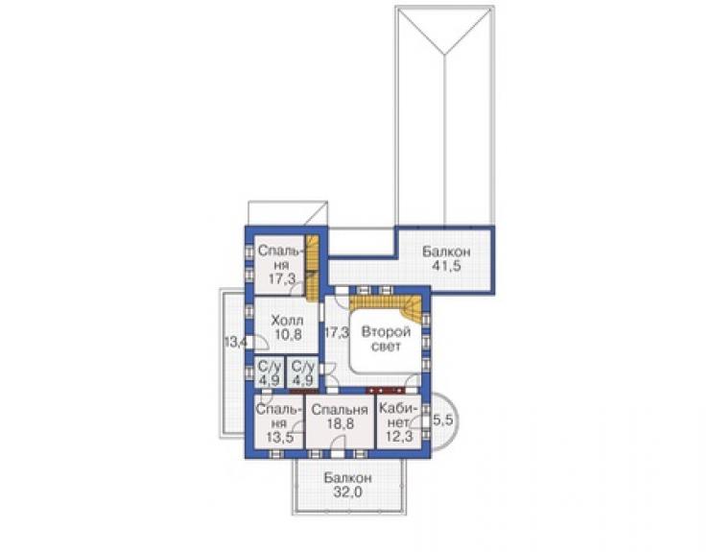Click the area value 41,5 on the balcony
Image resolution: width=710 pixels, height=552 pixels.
tap(446, 266)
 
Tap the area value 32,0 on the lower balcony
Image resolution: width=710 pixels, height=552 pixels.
tap(347, 492)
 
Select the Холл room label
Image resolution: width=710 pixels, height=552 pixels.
tap(287, 321)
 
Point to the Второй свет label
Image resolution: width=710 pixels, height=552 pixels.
tap(386, 339)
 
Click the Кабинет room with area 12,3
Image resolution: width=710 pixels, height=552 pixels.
tap(399, 422)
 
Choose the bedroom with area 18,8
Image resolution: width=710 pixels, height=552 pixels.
tap(340, 422)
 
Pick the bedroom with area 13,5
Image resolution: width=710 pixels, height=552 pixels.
tap(278, 422)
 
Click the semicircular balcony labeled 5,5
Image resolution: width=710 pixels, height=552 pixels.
tap(442, 420)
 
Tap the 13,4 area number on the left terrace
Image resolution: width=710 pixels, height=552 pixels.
tap(235, 342)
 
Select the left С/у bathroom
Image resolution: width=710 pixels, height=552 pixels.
tap(269, 372)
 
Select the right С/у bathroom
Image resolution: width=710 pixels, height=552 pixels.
tap(302, 372)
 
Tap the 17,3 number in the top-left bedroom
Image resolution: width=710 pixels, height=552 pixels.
tap(281, 278)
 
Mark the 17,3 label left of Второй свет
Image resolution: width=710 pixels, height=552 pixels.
tap(337, 333)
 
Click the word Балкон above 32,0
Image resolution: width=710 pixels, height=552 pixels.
tap(347, 478)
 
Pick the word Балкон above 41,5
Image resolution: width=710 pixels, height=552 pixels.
tap(446, 252)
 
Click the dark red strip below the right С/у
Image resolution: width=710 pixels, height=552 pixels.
tap(303, 391)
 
